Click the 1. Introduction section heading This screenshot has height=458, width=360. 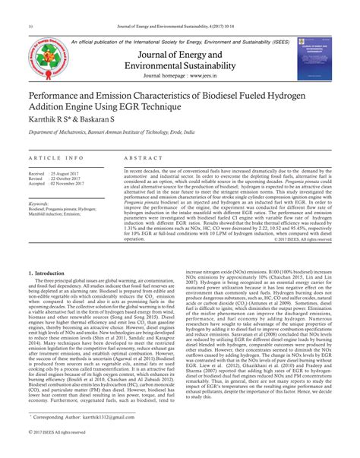click(46, 273)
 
